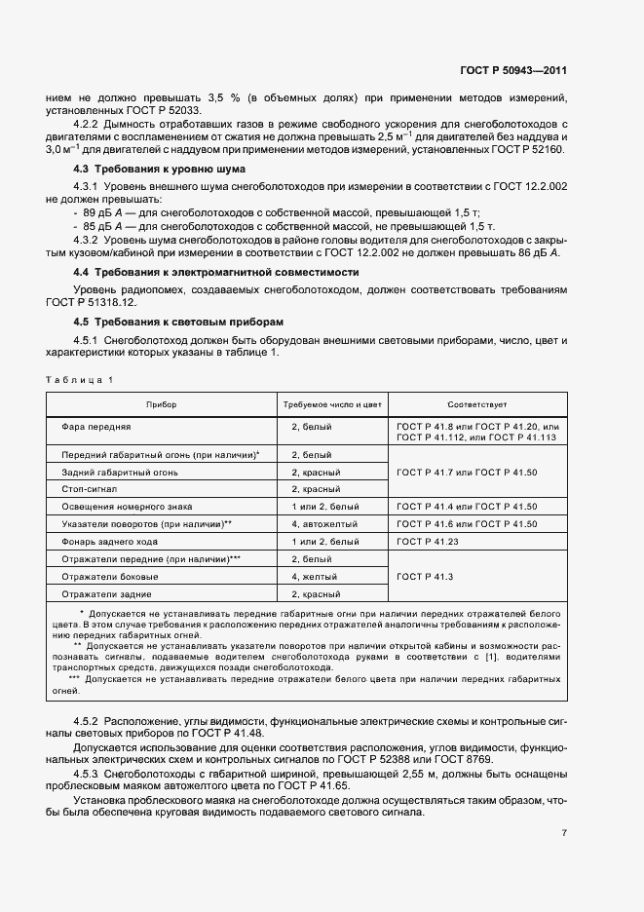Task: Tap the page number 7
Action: point(564,833)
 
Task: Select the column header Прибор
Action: point(161,403)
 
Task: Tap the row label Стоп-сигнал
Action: point(89,489)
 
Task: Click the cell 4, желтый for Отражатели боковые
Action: point(315,576)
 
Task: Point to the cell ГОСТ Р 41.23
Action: point(429,541)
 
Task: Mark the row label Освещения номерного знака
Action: point(127,507)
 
